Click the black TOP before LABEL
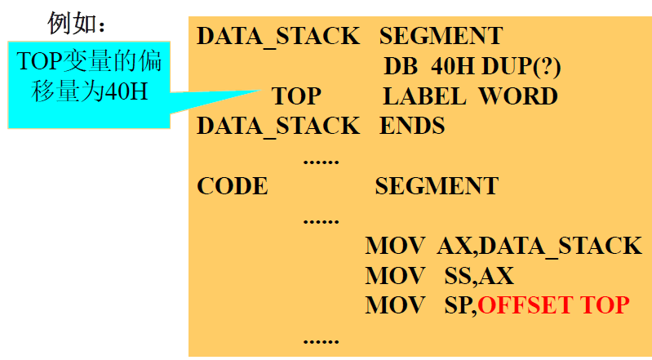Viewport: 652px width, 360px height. (x=296, y=96)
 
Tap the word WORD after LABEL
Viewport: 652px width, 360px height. (x=517, y=96)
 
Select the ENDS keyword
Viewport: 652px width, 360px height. (x=412, y=126)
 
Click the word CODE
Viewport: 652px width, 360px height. (x=232, y=186)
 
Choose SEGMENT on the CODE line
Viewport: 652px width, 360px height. (x=437, y=186)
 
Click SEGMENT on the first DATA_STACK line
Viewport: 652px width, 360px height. (x=441, y=37)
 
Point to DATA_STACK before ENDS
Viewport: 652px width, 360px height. (x=278, y=126)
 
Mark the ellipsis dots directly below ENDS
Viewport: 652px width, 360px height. (x=321, y=159)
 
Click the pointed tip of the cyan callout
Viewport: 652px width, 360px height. (x=259, y=91)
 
